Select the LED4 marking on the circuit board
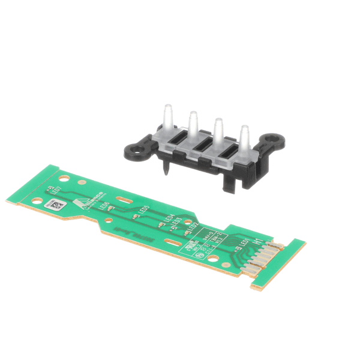click(x=169, y=220)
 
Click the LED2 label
click(x=192, y=229)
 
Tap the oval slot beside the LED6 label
click(x=124, y=201)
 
